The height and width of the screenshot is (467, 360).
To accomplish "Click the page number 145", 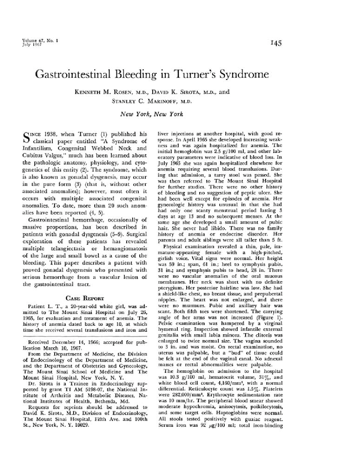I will coord(276,43).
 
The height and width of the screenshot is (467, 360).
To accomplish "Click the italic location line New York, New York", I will coord(152,114).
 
